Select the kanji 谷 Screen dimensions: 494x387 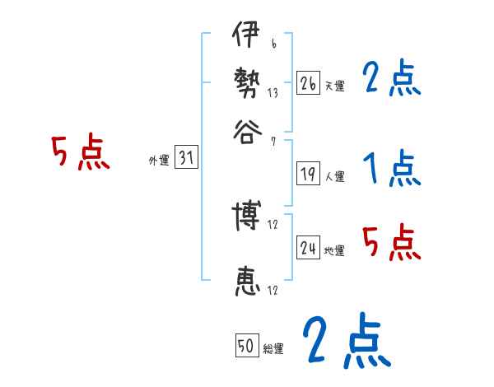245,132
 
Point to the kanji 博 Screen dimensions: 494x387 245,216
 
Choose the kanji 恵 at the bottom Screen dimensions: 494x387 245,282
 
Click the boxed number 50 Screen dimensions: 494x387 246,347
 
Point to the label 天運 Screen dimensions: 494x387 334,86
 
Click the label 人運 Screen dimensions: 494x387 334,176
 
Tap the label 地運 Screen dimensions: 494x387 334,250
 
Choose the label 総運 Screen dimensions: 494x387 273,349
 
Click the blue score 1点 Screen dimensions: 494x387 391,169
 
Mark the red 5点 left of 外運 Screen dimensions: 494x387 80,153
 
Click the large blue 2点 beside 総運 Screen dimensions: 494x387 346,340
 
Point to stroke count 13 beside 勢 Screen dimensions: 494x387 273,93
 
